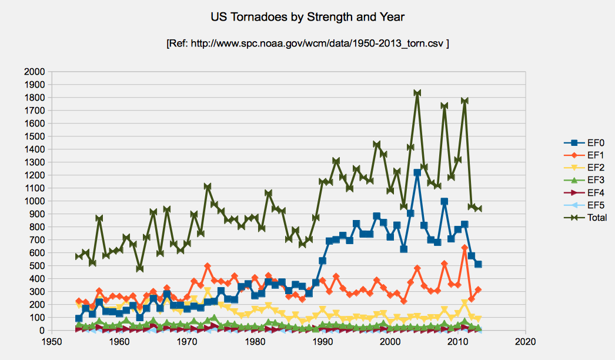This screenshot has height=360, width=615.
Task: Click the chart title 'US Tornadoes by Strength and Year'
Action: pos(307,17)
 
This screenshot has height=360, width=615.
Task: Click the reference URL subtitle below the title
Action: pos(308,44)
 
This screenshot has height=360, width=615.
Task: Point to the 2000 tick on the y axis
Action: pos(34,72)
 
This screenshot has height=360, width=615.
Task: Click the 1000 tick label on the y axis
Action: pos(34,201)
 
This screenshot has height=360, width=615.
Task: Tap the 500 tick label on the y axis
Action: pos(36,266)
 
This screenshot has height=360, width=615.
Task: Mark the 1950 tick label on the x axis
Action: pos(52,342)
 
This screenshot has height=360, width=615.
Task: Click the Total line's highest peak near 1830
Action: pos(417,94)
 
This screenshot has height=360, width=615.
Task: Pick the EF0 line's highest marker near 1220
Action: pos(417,172)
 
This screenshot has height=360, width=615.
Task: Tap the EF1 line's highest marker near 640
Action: pos(464,248)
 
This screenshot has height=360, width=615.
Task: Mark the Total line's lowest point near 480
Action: pos(140,268)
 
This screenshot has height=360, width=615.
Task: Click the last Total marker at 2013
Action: pos(478,209)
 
